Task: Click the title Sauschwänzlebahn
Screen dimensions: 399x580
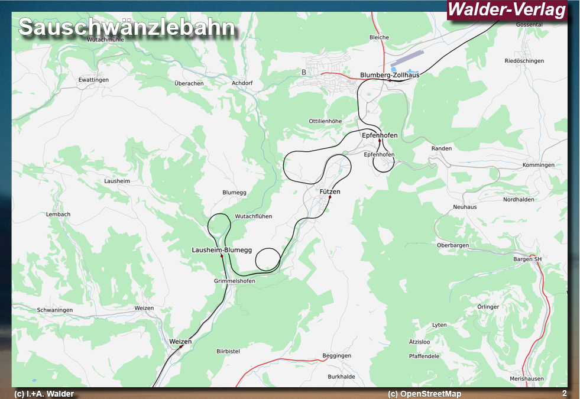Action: point(127,28)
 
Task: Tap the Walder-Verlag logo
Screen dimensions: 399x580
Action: point(507,10)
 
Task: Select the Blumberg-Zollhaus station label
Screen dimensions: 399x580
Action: point(390,75)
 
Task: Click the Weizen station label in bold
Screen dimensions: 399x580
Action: point(180,342)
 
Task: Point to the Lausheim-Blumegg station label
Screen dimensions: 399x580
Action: point(222,250)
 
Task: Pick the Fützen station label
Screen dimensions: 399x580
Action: point(330,192)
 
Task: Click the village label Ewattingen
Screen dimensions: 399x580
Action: point(93,79)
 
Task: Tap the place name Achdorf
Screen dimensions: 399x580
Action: point(242,83)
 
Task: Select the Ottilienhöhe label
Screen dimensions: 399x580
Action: point(325,121)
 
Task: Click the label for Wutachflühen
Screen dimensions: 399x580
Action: point(254,216)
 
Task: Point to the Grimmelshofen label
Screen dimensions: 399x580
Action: point(235,281)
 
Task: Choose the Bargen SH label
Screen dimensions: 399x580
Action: point(527,259)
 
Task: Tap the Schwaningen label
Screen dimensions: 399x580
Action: point(55,310)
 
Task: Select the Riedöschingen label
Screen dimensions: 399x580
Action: point(524,61)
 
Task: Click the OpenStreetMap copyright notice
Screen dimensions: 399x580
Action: point(425,394)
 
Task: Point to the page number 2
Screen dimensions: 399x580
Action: point(564,393)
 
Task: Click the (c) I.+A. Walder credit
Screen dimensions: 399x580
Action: point(44,394)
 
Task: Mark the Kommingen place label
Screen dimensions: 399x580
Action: point(539,165)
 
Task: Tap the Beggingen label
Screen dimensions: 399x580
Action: point(336,356)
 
